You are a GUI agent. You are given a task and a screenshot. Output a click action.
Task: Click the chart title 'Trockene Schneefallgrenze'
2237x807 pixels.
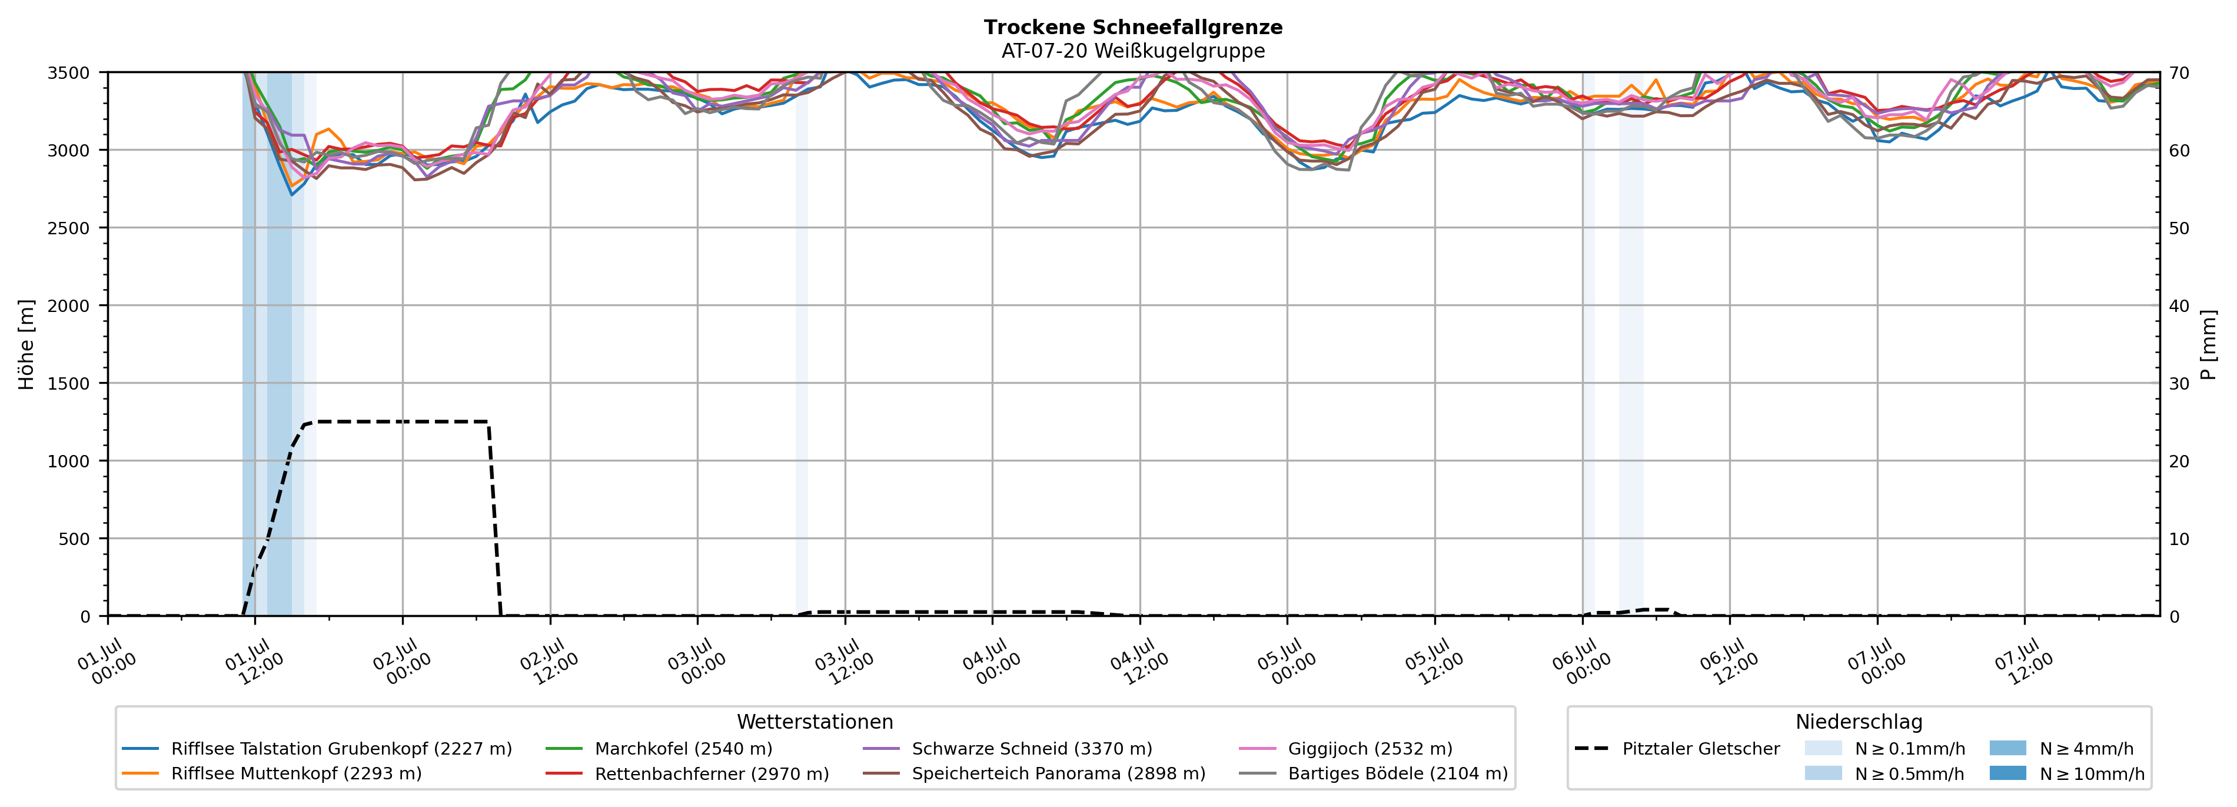(1134, 27)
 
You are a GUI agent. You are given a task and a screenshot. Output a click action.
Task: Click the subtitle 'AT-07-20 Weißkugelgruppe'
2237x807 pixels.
(1134, 51)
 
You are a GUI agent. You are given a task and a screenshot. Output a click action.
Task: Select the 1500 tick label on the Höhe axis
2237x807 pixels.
(69, 383)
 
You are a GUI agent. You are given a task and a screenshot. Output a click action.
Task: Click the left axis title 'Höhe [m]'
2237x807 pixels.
(27, 345)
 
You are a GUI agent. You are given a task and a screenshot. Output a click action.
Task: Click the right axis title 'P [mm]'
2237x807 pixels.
(2208, 345)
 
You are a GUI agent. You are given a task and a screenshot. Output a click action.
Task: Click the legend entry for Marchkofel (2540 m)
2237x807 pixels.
(659, 749)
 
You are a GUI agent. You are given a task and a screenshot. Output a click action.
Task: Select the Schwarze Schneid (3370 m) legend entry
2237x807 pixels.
(1008, 749)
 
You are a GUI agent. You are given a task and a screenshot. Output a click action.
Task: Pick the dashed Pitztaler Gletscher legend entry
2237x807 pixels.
(1677, 749)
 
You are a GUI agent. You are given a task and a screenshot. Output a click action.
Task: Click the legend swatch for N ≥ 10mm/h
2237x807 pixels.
(2007, 773)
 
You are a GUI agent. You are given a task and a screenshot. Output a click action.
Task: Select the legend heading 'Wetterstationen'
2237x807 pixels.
(815, 722)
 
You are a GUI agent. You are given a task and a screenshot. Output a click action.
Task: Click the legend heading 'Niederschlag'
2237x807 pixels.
(1859, 722)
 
